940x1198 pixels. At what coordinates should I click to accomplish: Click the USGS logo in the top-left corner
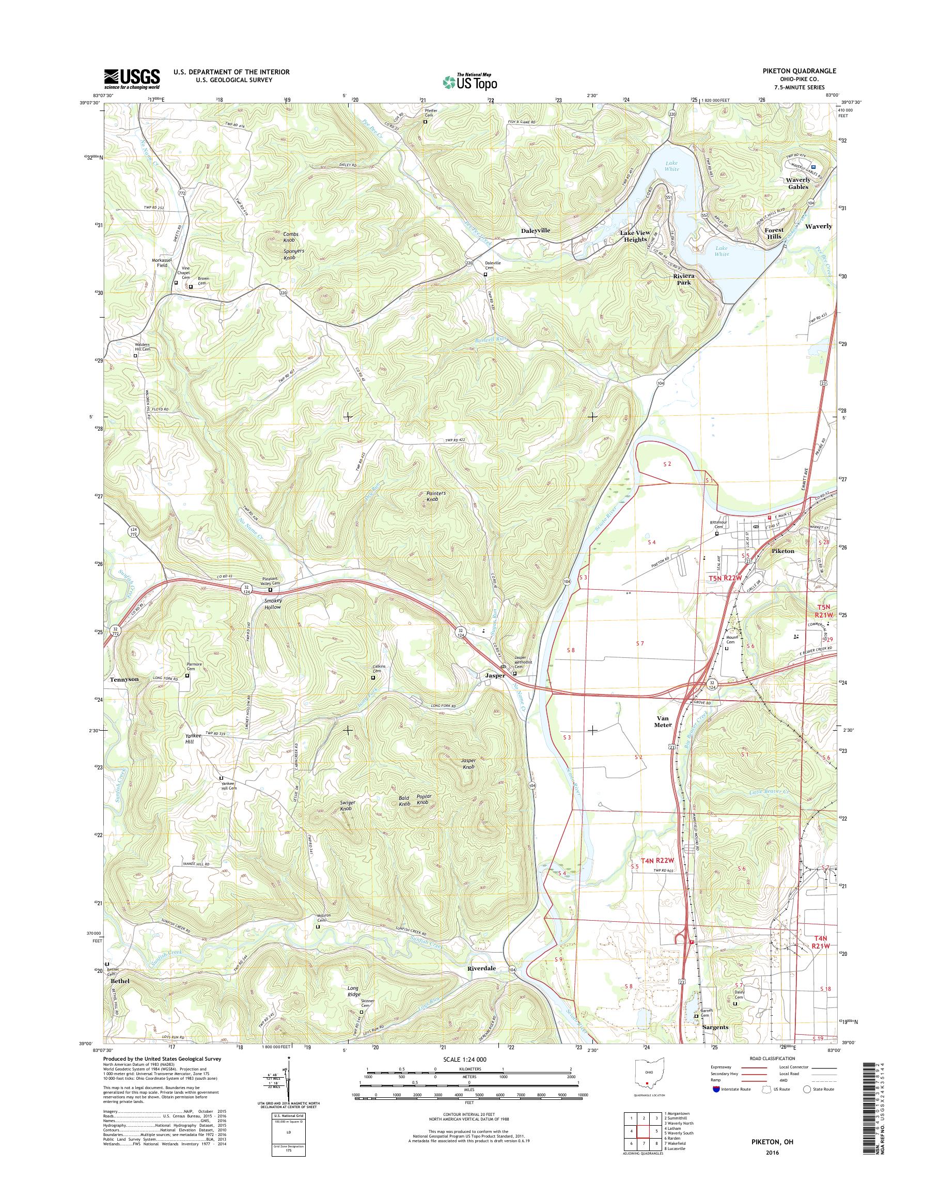point(132,78)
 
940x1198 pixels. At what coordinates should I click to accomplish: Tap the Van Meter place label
point(663,721)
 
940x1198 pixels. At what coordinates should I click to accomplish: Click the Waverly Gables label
point(798,183)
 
